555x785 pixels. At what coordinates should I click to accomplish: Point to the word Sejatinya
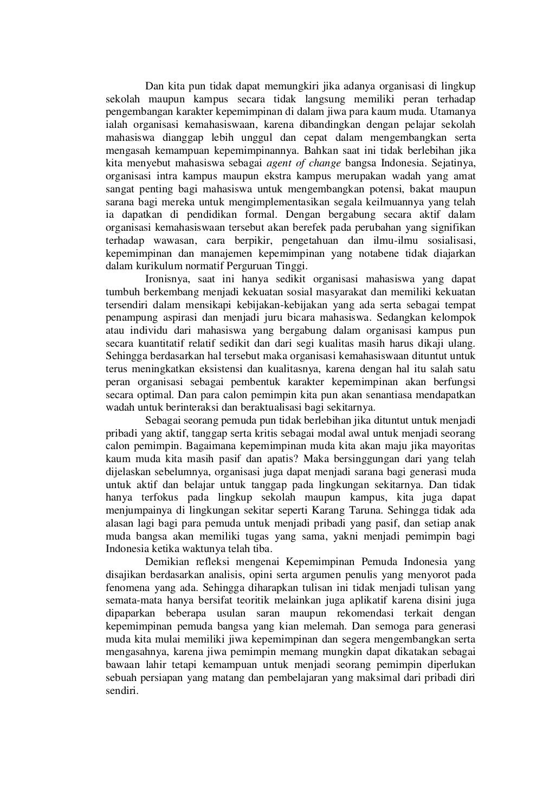pyautogui.click(x=455, y=163)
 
